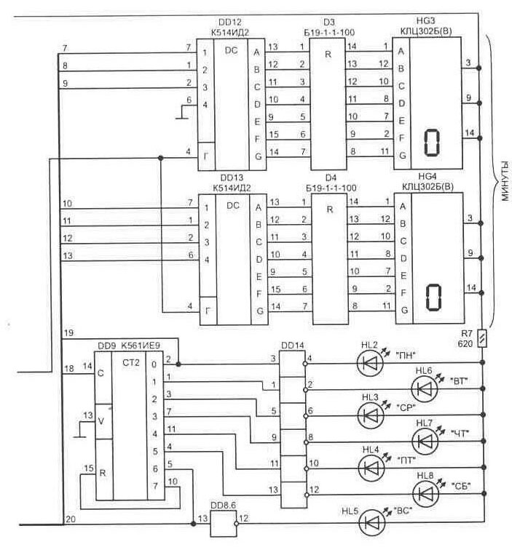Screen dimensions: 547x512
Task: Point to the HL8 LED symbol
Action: pyautogui.click(x=425, y=494)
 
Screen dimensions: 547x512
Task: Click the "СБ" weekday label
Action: pyautogui.click(x=460, y=485)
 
